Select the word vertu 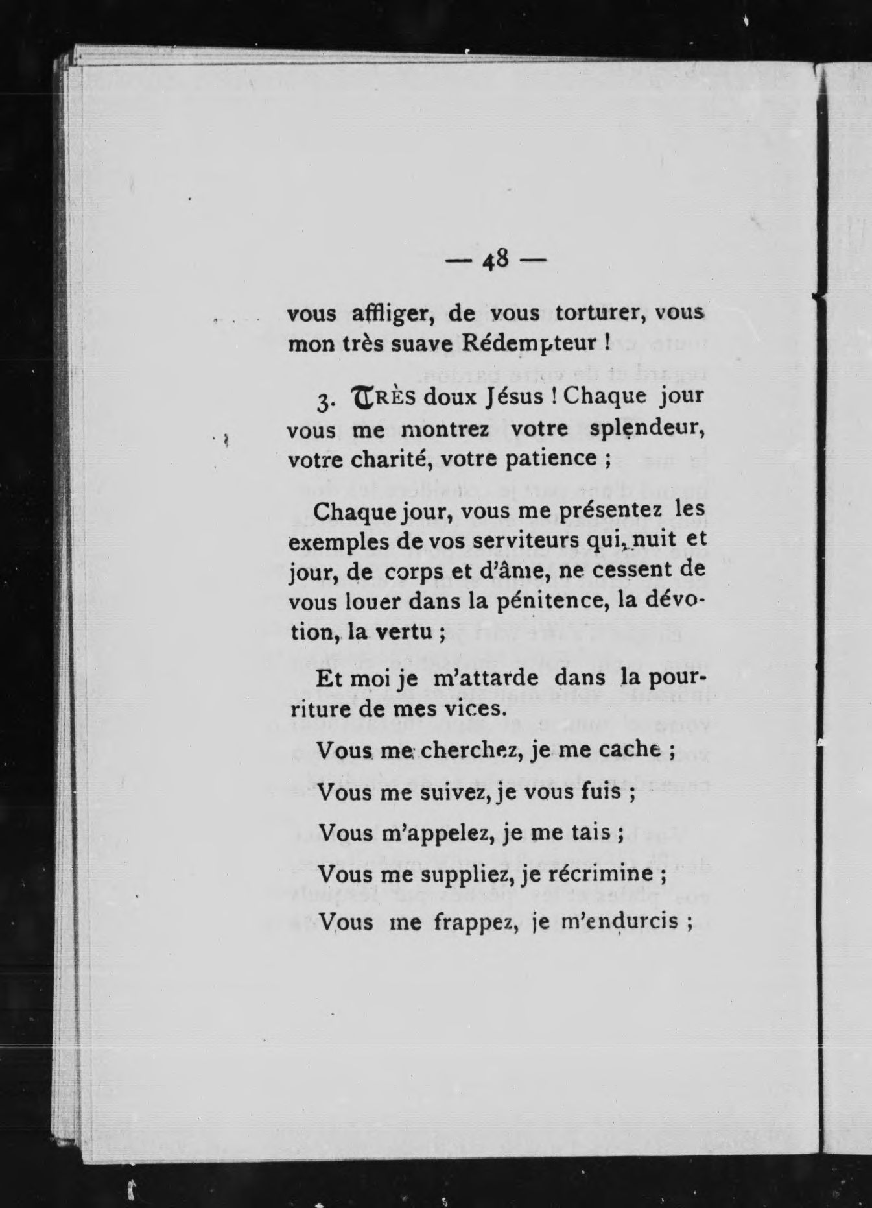click(405, 631)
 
